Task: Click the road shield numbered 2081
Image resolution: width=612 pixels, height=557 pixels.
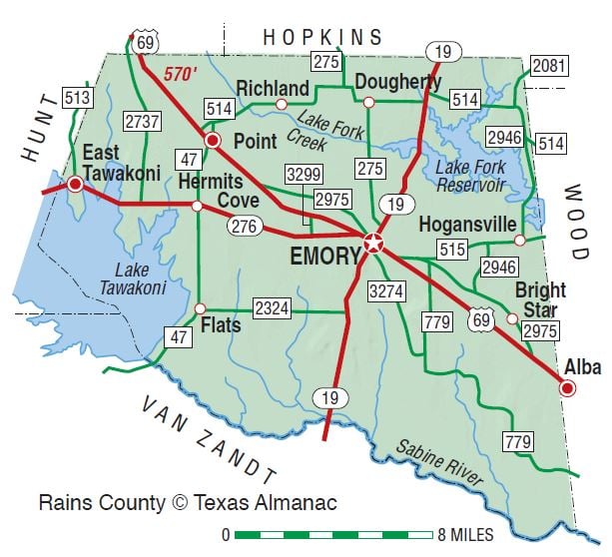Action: click(x=549, y=67)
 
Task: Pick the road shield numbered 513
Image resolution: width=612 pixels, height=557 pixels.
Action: click(x=77, y=98)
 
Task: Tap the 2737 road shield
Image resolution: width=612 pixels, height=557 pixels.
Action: click(x=143, y=122)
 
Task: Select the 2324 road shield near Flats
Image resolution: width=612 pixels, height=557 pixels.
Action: click(x=272, y=307)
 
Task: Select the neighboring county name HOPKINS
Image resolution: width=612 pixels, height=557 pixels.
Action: click(x=322, y=37)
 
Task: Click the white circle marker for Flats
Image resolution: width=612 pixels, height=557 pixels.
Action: click(x=200, y=308)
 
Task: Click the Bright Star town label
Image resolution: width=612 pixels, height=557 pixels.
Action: click(x=540, y=298)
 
